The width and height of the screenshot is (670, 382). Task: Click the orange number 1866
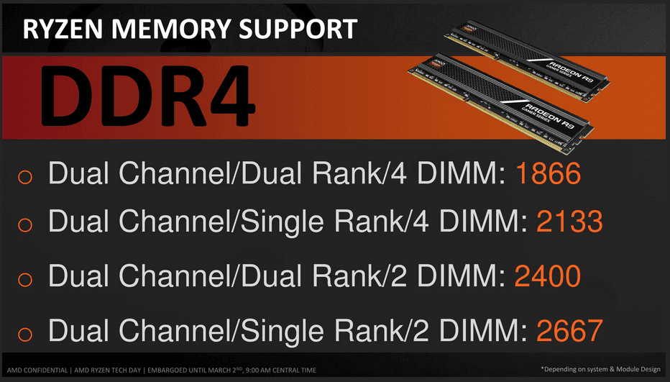coord(549,173)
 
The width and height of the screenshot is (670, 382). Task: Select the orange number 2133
coord(569,221)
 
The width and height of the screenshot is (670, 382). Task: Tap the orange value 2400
coord(547,276)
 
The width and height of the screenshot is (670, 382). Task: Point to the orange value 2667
coord(569,330)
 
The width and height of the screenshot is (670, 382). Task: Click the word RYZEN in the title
coord(63,29)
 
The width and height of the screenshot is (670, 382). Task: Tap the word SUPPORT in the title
coord(298,29)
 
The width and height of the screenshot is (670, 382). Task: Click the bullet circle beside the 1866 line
coord(25,176)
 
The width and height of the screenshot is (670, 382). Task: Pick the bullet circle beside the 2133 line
coord(25,224)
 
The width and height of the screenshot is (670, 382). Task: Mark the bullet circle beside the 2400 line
coord(25,279)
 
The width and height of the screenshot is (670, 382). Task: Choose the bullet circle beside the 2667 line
coord(25,334)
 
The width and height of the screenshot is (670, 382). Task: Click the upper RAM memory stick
coord(528,60)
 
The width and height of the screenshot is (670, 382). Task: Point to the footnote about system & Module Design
coord(600,369)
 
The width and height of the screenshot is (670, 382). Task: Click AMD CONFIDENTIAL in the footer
coord(37,370)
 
